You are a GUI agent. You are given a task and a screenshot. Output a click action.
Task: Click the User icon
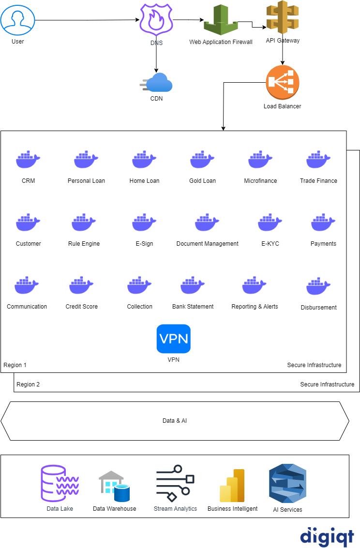click(x=17, y=20)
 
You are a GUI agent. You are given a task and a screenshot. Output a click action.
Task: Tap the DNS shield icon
click(x=156, y=19)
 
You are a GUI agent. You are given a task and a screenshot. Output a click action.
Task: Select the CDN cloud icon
click(x=157, y=83)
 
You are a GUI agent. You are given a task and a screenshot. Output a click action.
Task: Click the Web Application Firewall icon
click(x=220, y=20)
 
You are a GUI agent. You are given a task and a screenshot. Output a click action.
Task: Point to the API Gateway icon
click(x=283, y=17)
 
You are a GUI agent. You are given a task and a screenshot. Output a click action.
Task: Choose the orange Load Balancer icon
click(x=283, y=83)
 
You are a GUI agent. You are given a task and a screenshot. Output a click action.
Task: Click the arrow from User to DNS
click(x=87, y=20)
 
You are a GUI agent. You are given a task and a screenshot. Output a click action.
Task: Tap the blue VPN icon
click(x=173, y=339)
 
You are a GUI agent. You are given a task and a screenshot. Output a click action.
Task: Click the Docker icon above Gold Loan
click(x=202, y=159)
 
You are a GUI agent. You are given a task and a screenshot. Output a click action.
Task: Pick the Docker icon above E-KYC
click(x=270, y=222)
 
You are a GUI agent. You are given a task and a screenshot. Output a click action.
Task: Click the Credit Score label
click(x=82, y=307)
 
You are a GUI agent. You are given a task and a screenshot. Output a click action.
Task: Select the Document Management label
click(x=207, y=244)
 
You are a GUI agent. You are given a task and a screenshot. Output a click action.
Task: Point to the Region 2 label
click(x=28, y=385)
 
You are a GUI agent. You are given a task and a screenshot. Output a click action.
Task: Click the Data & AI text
click(x=175, y=421)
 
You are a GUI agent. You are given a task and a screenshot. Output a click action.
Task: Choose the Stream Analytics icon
click(x=175, y=484)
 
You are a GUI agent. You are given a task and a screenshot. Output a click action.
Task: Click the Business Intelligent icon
click(x=232, y=486)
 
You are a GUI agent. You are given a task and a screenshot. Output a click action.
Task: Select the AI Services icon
click(x=287, y=484)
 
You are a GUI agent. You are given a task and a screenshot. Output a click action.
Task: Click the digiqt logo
click(x=327, y=536)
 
